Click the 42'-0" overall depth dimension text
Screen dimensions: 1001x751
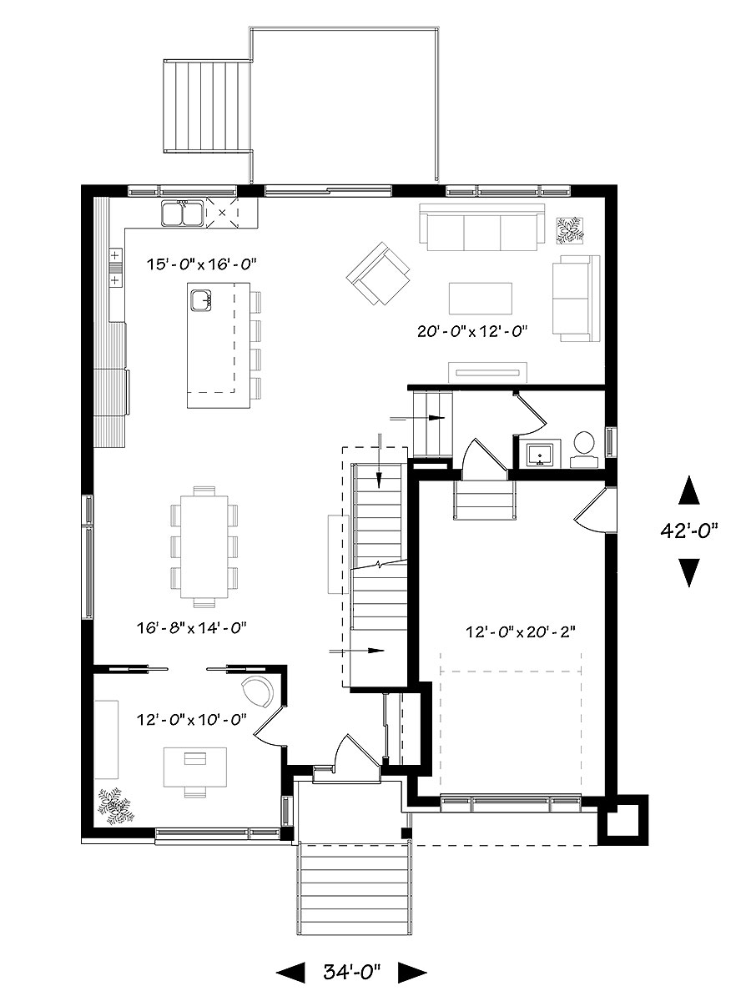688,530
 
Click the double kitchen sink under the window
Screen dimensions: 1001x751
181,214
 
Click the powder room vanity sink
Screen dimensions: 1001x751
541,454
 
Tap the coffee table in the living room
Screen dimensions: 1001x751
481,297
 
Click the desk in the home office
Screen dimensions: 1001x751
195,765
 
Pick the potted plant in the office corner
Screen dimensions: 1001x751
113,805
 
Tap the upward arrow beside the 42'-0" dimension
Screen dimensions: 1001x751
688,490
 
